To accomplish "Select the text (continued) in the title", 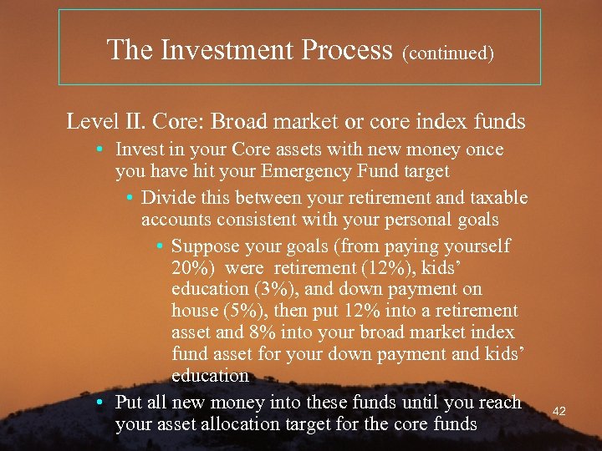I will tap(448, 53).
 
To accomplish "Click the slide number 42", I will tap(559, 411).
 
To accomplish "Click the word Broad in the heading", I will tap(241, 122).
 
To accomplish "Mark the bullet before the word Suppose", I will tap(160, 247).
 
